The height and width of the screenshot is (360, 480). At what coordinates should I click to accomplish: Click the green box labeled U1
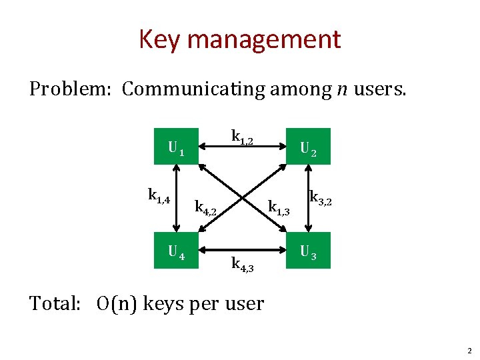point(177,146)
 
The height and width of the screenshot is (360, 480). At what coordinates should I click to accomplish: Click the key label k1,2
point(242,136)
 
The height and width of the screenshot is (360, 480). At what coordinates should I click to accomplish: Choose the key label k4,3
point(242,264)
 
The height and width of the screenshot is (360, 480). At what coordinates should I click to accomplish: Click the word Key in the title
point(161,40)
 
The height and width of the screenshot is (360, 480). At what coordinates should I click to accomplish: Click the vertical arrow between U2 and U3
point(307,197)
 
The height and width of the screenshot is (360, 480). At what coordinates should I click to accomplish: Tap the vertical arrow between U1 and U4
point(177,197)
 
